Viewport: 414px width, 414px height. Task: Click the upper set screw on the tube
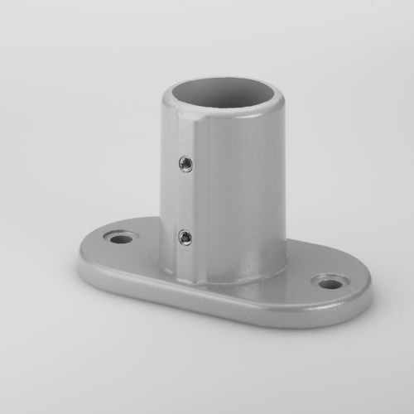pyautogui.click(x=185, y=163)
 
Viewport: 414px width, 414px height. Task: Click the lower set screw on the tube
pyautogui.click(x=185, y=238)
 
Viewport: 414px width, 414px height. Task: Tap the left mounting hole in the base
pyautogui.click(x=122, y=239)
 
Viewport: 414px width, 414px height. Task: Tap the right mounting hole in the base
pyautogui.click(x=330, y=284)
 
